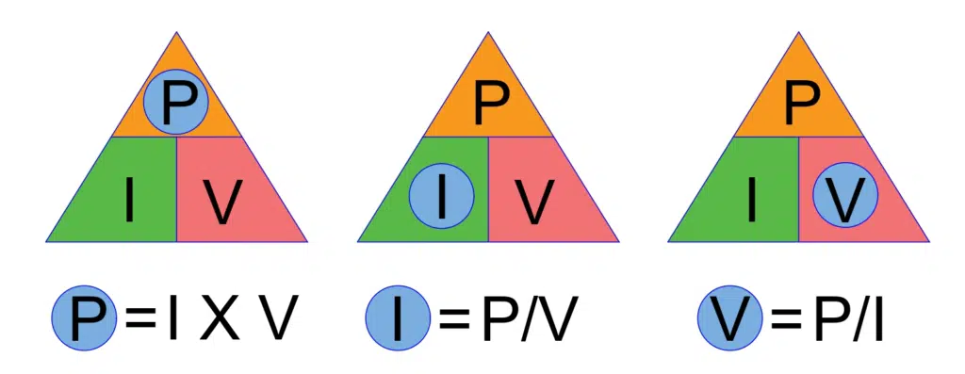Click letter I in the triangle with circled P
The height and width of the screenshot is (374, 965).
(x=129, y=201)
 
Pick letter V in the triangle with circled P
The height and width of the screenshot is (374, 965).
(x=222, y=201)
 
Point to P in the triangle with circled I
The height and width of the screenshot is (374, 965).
(x=488, y=104)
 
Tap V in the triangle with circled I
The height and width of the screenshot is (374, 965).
(x=534, y=201)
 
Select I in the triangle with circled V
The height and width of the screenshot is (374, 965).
(x=752, y=201)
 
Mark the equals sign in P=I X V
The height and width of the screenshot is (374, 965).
(x=139, y=320)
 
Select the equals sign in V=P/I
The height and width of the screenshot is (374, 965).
(x=785, y=320)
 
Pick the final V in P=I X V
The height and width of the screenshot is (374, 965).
(x=278, y=319)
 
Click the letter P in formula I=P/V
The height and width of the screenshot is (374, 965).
(x=500, y=319)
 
